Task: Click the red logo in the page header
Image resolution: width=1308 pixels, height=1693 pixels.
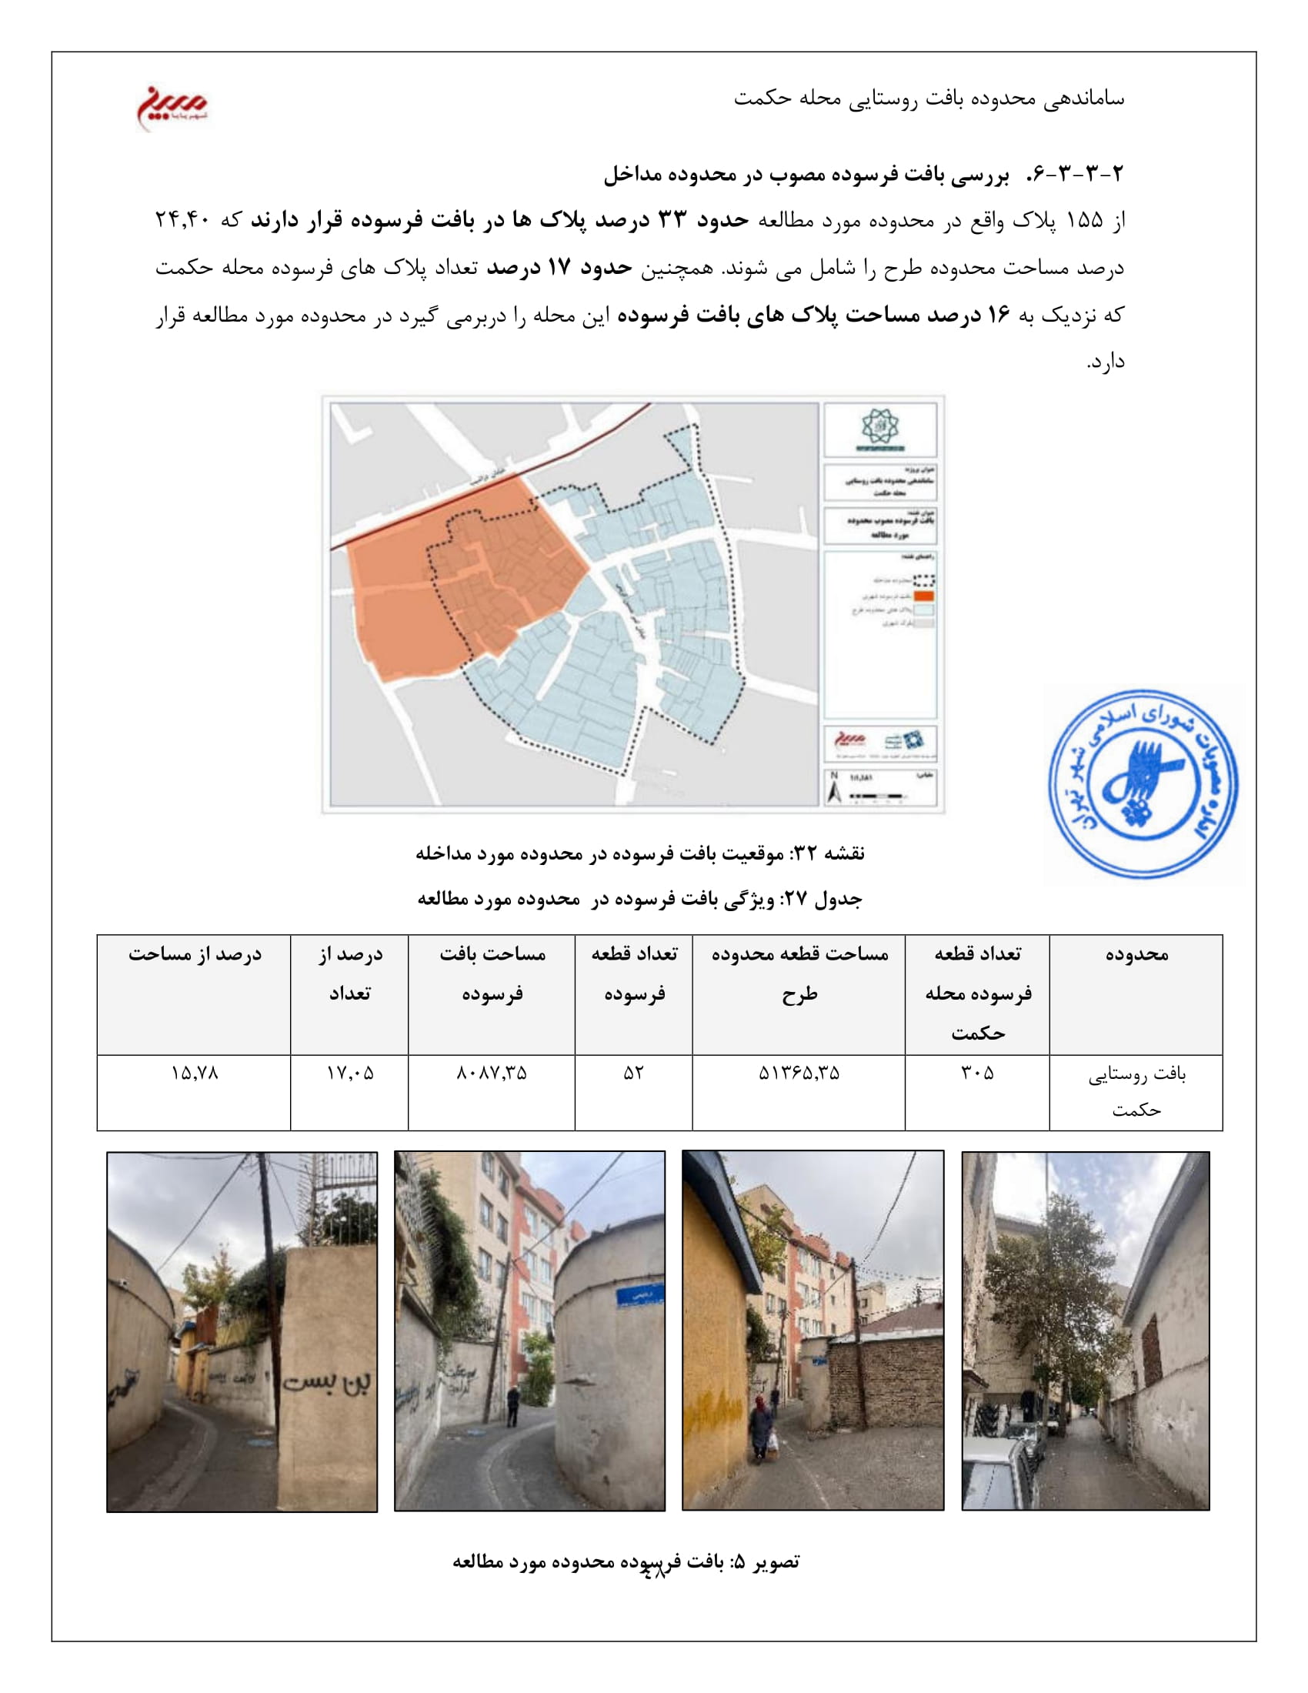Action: click(172, 105)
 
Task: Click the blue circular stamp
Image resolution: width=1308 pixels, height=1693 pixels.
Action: click(1143, 783)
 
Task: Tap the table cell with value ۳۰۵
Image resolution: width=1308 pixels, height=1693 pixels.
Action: click(977, 1073)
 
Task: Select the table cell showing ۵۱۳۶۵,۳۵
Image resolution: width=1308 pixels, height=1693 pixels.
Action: click(798, 1073)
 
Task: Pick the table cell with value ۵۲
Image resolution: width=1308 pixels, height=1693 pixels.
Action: click(633, 1073)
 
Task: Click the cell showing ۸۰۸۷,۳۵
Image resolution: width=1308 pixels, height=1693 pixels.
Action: click(492, 1073)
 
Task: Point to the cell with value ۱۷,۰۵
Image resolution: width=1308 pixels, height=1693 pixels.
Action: click(349, 1073)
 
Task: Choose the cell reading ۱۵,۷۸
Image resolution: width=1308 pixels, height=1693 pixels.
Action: click(194, 1073)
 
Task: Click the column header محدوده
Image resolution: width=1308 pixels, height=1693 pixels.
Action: click(1136, 954)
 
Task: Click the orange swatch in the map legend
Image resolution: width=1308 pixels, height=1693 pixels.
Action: click(924, 596)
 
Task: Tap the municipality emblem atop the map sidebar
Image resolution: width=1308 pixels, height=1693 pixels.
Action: click(879, 429)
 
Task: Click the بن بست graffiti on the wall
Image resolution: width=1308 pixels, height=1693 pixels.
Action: click(326, 1381)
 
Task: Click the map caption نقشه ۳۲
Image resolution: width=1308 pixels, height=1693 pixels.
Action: click(640, 853)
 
